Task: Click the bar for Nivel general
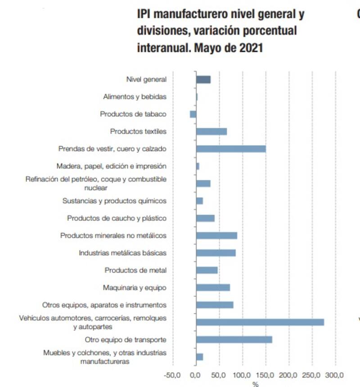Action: [x=203, y=80]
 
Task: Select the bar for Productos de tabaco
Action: [x=193, y=114]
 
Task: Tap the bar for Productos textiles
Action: [x=211, y=131]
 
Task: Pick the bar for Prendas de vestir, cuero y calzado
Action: [x=230, y=149]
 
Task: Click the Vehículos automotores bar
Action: [x=260, y=322]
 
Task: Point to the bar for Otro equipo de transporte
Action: [x=234, y=339]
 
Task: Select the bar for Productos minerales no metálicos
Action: [x=216, y=236]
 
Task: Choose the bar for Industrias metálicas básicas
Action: [x=216, y=253]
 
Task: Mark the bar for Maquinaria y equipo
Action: [x=213, y=287]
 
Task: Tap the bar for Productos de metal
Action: [x=207, y=270]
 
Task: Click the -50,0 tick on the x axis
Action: [x=172, y=374]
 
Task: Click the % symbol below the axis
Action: [x=255, y=384]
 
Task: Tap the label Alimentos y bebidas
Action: [x=135, y=97]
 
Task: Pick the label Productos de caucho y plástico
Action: [x=117, y=218]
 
